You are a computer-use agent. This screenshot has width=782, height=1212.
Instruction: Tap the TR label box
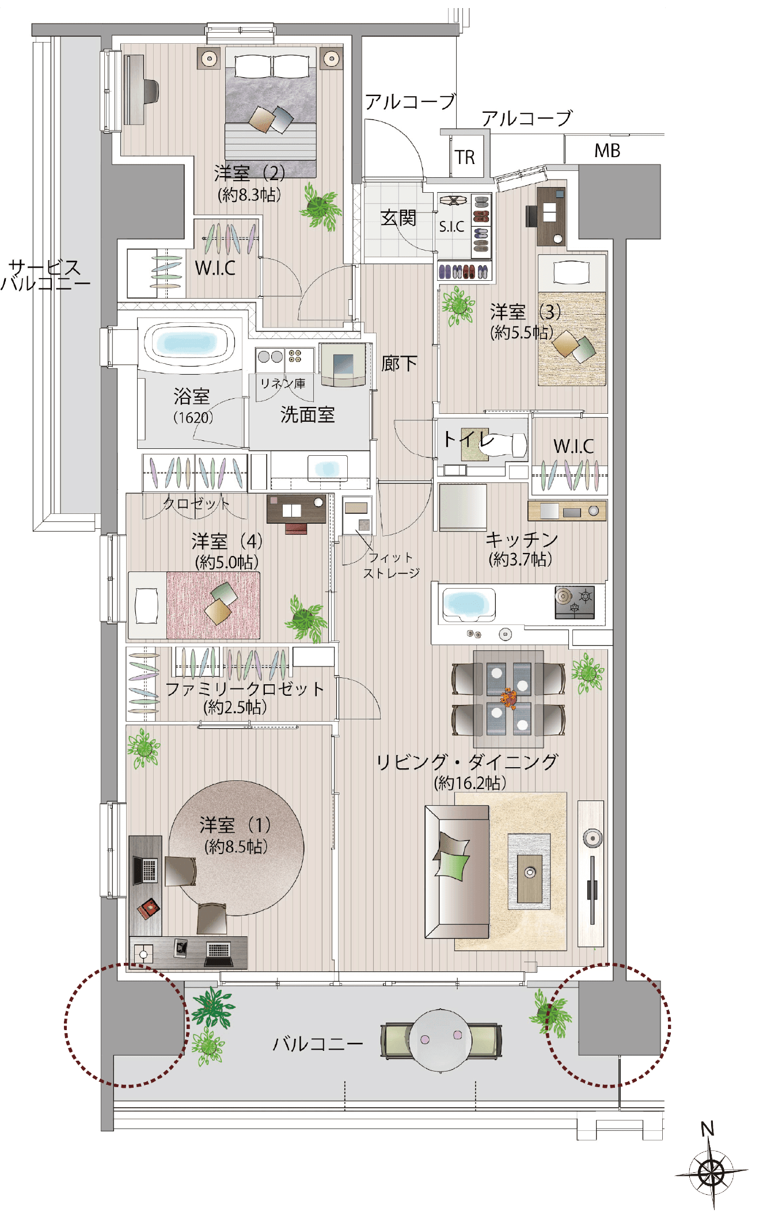coord(465,157)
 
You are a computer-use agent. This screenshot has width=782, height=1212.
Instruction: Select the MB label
coord(608,151)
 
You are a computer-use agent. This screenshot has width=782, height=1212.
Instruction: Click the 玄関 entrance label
coord(398,218)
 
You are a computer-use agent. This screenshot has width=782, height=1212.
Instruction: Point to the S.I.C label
coord(451,227)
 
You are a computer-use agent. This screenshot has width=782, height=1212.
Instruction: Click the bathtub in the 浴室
coord(191,344)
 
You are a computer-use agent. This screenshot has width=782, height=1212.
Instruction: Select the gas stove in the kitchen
coord(575,602)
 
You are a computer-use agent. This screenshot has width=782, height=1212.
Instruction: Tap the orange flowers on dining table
coord(508,697)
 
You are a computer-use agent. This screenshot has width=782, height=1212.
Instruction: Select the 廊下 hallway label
coord(399,363)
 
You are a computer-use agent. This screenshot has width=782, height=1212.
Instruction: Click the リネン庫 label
coord(283,383)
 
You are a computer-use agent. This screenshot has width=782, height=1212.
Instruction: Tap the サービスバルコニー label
coord(45,275)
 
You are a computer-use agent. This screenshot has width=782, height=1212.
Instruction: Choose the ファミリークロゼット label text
coord(245,689)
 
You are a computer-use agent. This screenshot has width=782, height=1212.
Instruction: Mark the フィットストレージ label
coord(391,565)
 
